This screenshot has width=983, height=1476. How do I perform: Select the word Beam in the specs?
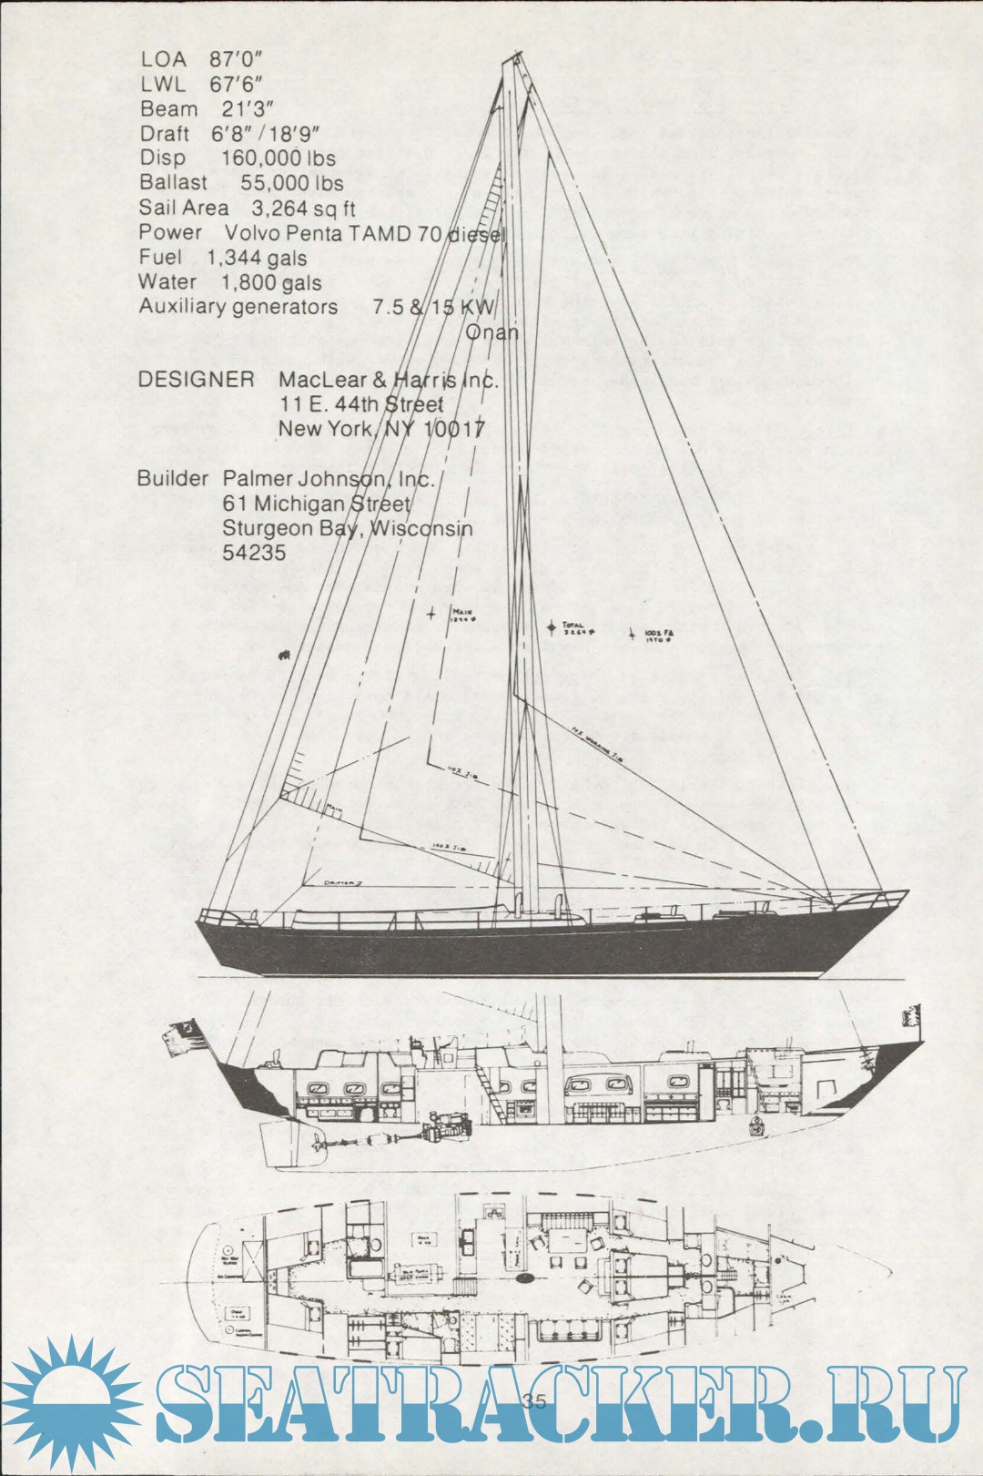pyautogui.click(x=168, y=109)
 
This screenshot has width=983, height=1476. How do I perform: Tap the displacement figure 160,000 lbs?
pyautogui.click(x=278, y=158)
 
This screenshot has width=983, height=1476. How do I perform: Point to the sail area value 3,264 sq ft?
pyautogui.click(x=303, y=209)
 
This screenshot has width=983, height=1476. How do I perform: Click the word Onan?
pyautogui.click(x=491, y=332)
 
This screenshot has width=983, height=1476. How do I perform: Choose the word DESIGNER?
pyautogui.click(x=196, y=380)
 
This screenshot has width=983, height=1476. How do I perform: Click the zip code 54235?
pyautogui.click(x=254, y=553)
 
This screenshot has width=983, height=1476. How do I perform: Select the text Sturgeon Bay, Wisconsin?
pyautogui.click(x=347, y=528)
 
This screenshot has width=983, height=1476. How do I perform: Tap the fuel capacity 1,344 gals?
pyautogui.click(x=257, y=259)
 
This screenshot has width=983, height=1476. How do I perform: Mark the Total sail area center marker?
pyautogui.click(x=551, y=626)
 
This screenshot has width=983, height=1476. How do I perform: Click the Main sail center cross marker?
pyautogui.click(x=431, y=614)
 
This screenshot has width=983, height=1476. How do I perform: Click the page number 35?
pyautogui.click(x=535, y=1401)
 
